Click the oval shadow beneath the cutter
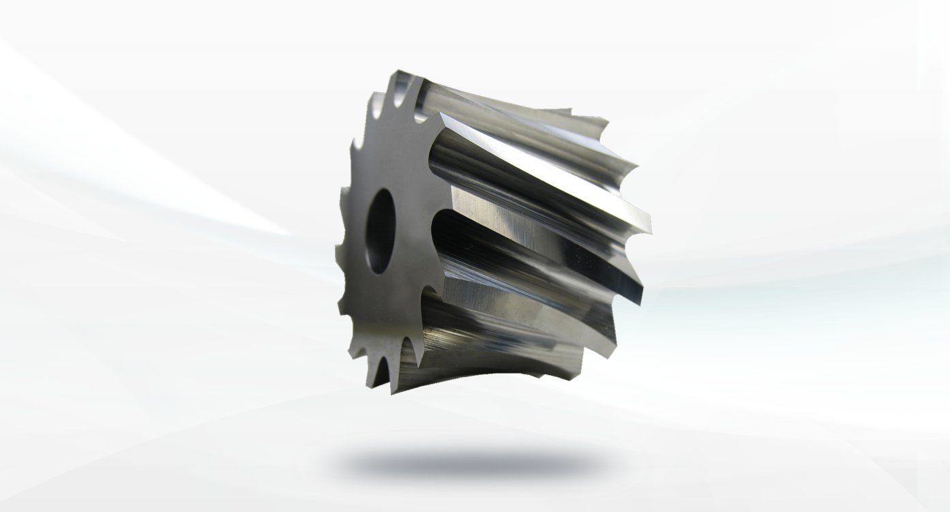pos(471,463)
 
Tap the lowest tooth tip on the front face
pos(393,393)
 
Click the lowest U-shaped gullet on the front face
pos(382,368)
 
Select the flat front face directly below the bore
pos(382,300)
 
